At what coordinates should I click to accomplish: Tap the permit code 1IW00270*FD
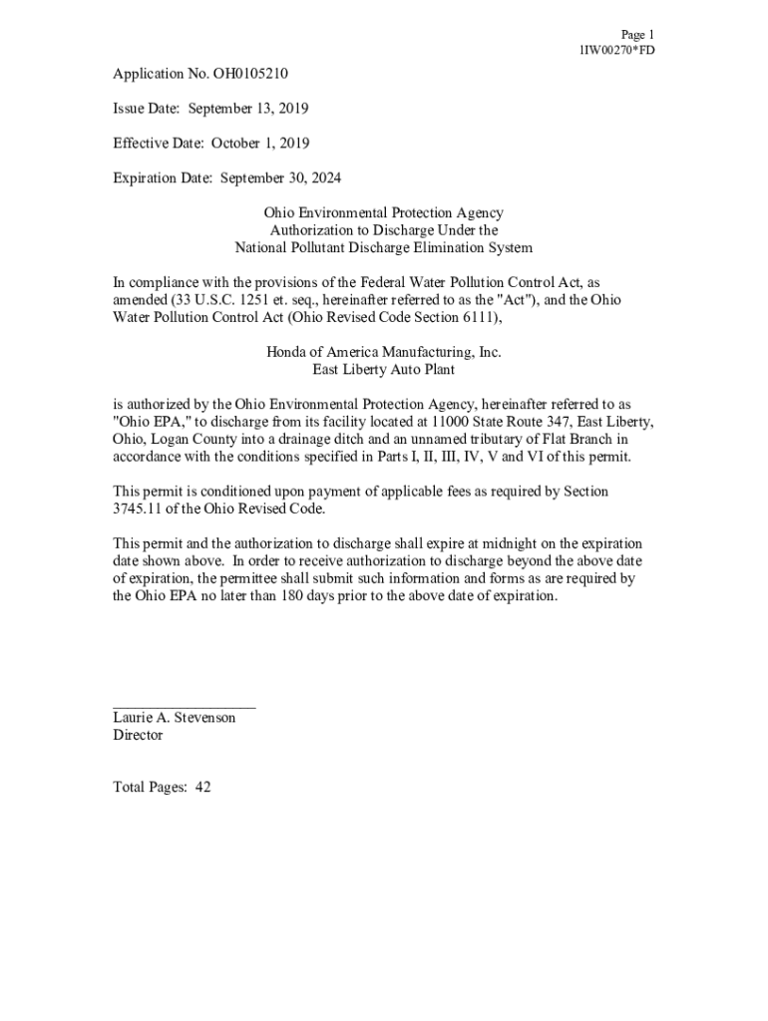pyautogui.click(x=617, y=50)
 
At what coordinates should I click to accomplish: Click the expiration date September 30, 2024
pyautogui.click(x=280, y=178)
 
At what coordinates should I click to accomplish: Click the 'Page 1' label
pyautogui.click(x=637, y=34)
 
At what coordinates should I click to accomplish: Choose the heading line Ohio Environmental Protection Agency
pyautogui.click(x=383, y=213)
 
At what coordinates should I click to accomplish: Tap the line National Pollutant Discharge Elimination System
pyautogui.click(x=383, y=248)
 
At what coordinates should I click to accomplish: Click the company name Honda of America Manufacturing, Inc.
pyautogui.click(x=383, y=352)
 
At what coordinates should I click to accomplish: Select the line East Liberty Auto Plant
pyautogui.click(x=383, y=370)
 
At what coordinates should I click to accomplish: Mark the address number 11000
pyautogui.click(x=442, y=422)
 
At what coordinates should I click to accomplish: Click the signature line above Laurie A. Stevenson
pyautogui.click(x=185, y=706)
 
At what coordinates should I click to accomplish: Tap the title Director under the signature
pyautogui.click(x=138, y=736)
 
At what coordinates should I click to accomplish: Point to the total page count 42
pyautogui.click(x=202, y=788)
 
